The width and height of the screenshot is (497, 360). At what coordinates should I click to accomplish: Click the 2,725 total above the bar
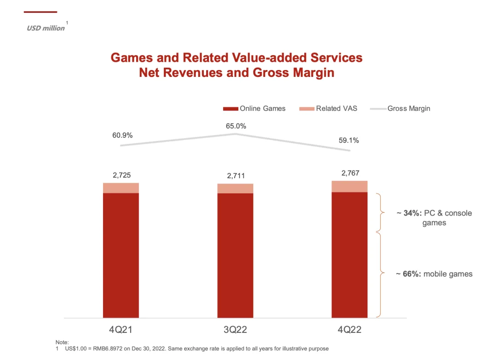coord(121,175)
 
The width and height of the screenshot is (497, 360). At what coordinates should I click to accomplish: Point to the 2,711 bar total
coord(235,176)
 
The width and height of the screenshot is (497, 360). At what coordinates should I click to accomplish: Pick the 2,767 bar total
coord(350,173)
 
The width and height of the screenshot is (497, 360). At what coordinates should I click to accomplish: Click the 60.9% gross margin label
coord(122,135)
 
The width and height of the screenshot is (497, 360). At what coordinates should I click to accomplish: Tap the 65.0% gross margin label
coord(236,126)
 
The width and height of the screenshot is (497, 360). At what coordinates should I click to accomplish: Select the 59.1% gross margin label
coord(349,140)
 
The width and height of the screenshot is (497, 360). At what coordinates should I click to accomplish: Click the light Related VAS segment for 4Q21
coord(121,188)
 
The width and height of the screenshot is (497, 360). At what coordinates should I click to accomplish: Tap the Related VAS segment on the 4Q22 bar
coord(350,186)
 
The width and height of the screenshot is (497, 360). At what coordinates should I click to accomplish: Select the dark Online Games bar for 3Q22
coord(235,255)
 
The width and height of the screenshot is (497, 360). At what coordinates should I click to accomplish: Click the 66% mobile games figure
coord(412,274)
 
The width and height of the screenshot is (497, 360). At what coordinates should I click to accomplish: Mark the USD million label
coord(46,28)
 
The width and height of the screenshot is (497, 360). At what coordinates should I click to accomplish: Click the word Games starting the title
coord(132,58)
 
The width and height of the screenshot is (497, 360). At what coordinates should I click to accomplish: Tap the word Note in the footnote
coord(61,343)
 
